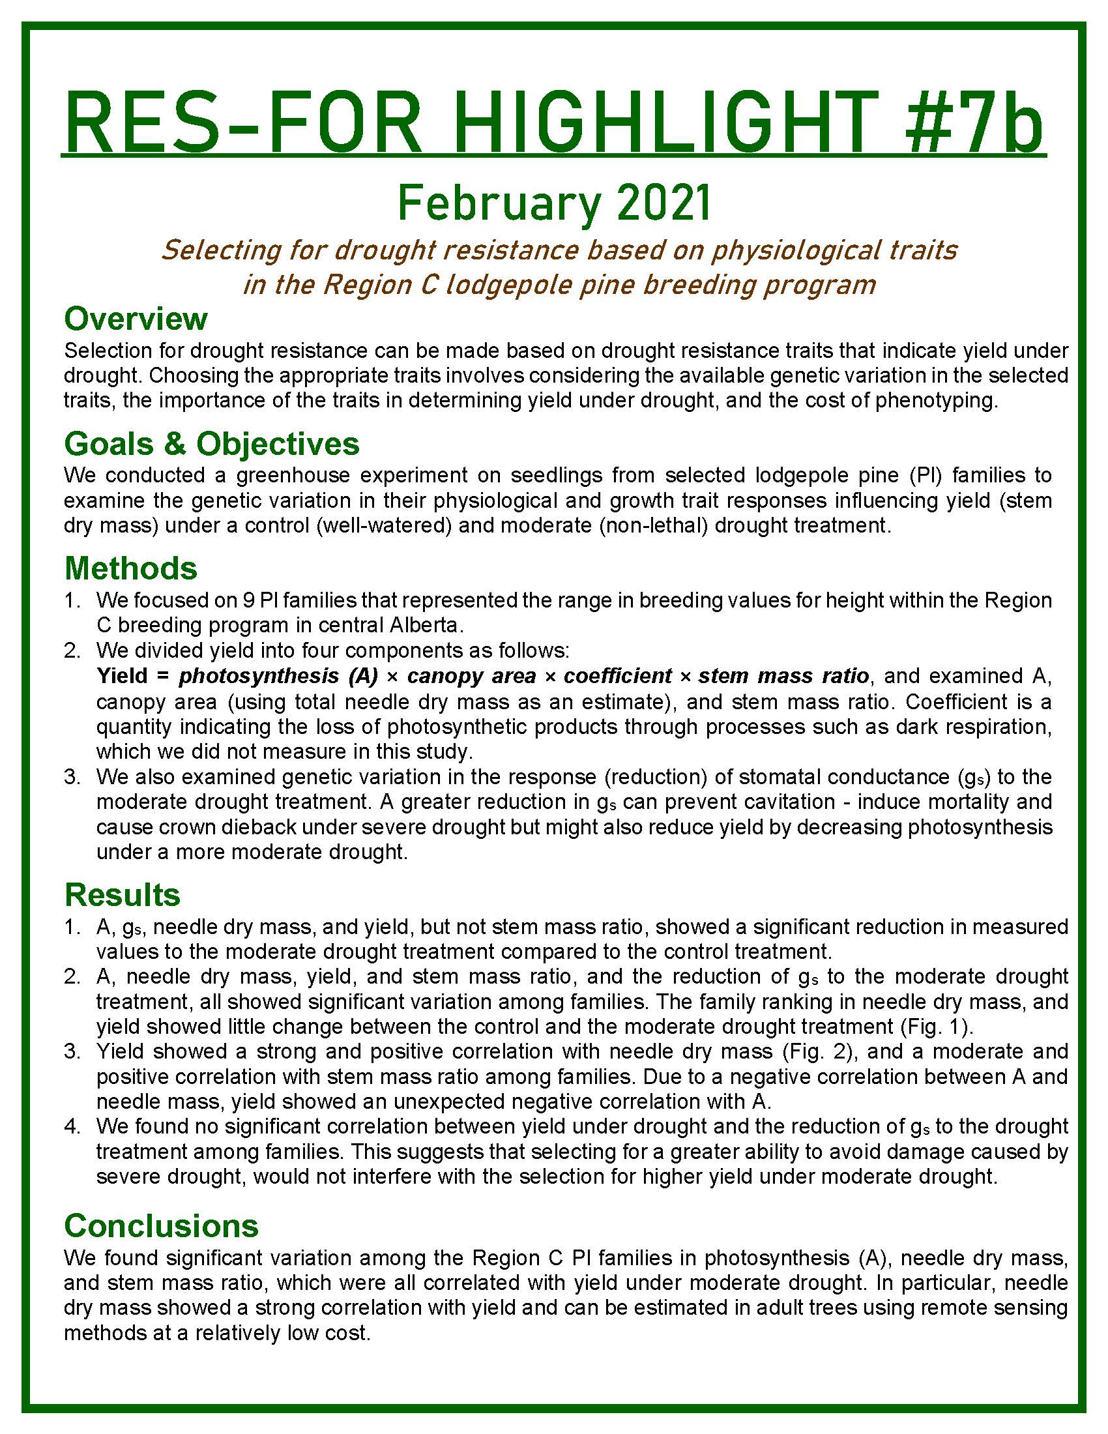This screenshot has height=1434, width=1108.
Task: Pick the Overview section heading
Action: tap(136, 319)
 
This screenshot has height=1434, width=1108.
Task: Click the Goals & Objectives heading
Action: tap(211, 444)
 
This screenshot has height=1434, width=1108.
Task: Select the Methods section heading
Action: tap(130, 568)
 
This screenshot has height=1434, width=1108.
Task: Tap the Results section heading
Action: tap(122, 895)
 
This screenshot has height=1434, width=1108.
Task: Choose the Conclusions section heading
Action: tap(162, 1225)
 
